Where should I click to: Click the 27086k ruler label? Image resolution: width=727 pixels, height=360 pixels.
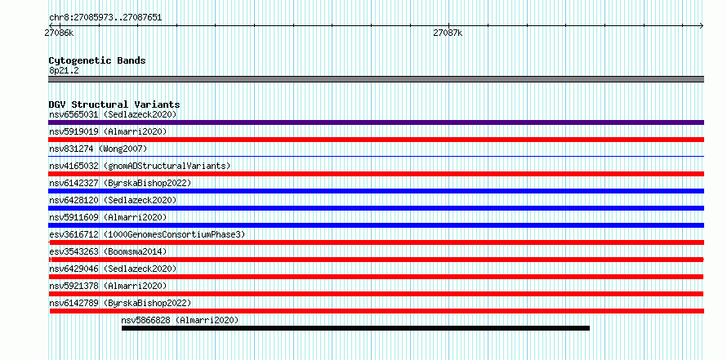click(x=59, y=33)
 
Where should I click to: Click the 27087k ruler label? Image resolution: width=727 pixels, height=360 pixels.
click(x=448, y=33)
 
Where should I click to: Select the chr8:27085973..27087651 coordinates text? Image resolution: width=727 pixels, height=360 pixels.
click(x=105, y=18)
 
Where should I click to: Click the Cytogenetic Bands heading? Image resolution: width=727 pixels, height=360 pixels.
click(x=97, y=60)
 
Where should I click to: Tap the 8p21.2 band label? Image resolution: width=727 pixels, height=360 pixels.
click(x=64, y=70)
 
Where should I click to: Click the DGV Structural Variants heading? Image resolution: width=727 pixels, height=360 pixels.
click(x=114, y=104)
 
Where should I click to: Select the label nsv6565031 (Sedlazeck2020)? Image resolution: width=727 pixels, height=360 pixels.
click(x=113, y=114)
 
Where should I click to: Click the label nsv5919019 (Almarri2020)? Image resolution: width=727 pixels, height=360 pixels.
click(x=108, y=131)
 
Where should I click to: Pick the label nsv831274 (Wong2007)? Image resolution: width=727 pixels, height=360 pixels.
click(x=98, y=149)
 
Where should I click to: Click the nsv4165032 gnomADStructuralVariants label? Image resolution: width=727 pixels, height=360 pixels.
click(x=140, y=166)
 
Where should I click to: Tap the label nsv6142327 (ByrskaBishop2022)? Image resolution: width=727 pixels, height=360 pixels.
click(x=120, y=183)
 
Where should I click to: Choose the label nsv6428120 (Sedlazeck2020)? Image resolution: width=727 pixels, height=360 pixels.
click(x=113, y=200)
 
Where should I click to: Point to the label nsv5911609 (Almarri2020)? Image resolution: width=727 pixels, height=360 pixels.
click(x=108, y=217)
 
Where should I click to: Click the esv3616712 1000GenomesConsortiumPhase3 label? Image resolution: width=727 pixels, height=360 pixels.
click(x=147, y=234)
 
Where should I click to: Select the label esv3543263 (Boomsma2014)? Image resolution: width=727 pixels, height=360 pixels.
click(x=108, y=251)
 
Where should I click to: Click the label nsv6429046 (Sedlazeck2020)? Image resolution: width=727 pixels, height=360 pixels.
click(x=113, y=269)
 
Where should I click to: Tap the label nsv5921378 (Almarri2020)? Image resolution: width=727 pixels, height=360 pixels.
click(x=108, y=286)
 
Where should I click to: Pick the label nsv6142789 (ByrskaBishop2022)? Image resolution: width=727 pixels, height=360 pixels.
click(x=120, y=303)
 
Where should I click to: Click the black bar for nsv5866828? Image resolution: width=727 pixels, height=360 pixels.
click(x=355, y=328)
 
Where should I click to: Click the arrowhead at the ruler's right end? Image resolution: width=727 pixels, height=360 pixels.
click(x=702, y=25)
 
